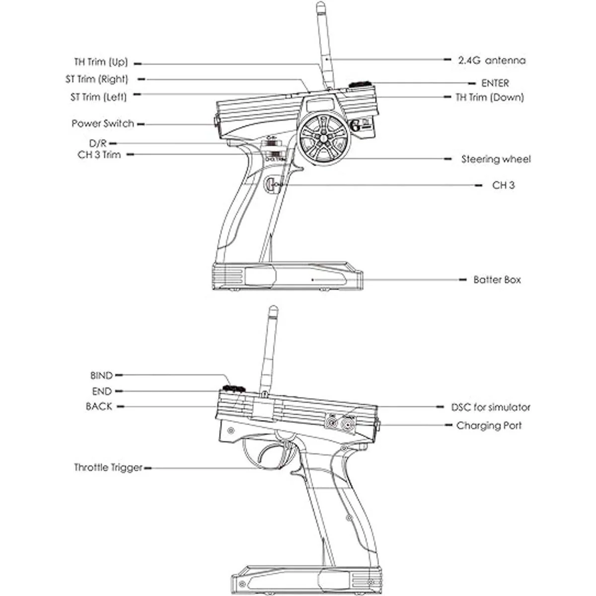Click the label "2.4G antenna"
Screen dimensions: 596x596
491,60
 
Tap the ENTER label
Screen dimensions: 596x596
495,83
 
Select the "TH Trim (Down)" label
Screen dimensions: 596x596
490,97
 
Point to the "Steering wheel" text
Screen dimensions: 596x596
496,159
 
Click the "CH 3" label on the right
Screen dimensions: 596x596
503,185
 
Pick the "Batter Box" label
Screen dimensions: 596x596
497,280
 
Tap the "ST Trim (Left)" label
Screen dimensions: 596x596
98,97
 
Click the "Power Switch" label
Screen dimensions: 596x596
103,124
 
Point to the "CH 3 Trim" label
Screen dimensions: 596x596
99,154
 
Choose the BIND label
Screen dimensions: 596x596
101,375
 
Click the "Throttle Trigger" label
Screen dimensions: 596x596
108,467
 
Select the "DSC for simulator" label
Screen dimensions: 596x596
491,407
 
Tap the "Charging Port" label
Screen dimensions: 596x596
489,426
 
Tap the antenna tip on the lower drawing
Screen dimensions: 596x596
272,311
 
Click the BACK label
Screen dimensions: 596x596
99,406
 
